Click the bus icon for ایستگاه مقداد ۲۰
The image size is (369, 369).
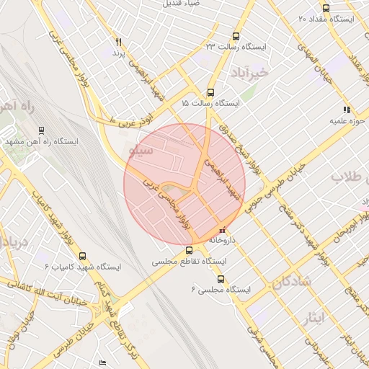326,9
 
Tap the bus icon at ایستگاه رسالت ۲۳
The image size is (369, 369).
236,36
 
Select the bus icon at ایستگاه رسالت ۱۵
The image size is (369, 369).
210,92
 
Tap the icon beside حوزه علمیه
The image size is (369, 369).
347,110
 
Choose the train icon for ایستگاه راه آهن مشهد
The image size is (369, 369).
41,130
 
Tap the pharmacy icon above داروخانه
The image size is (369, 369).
221,230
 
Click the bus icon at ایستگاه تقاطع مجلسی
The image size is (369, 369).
189,251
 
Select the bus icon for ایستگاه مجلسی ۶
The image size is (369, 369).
221,279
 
